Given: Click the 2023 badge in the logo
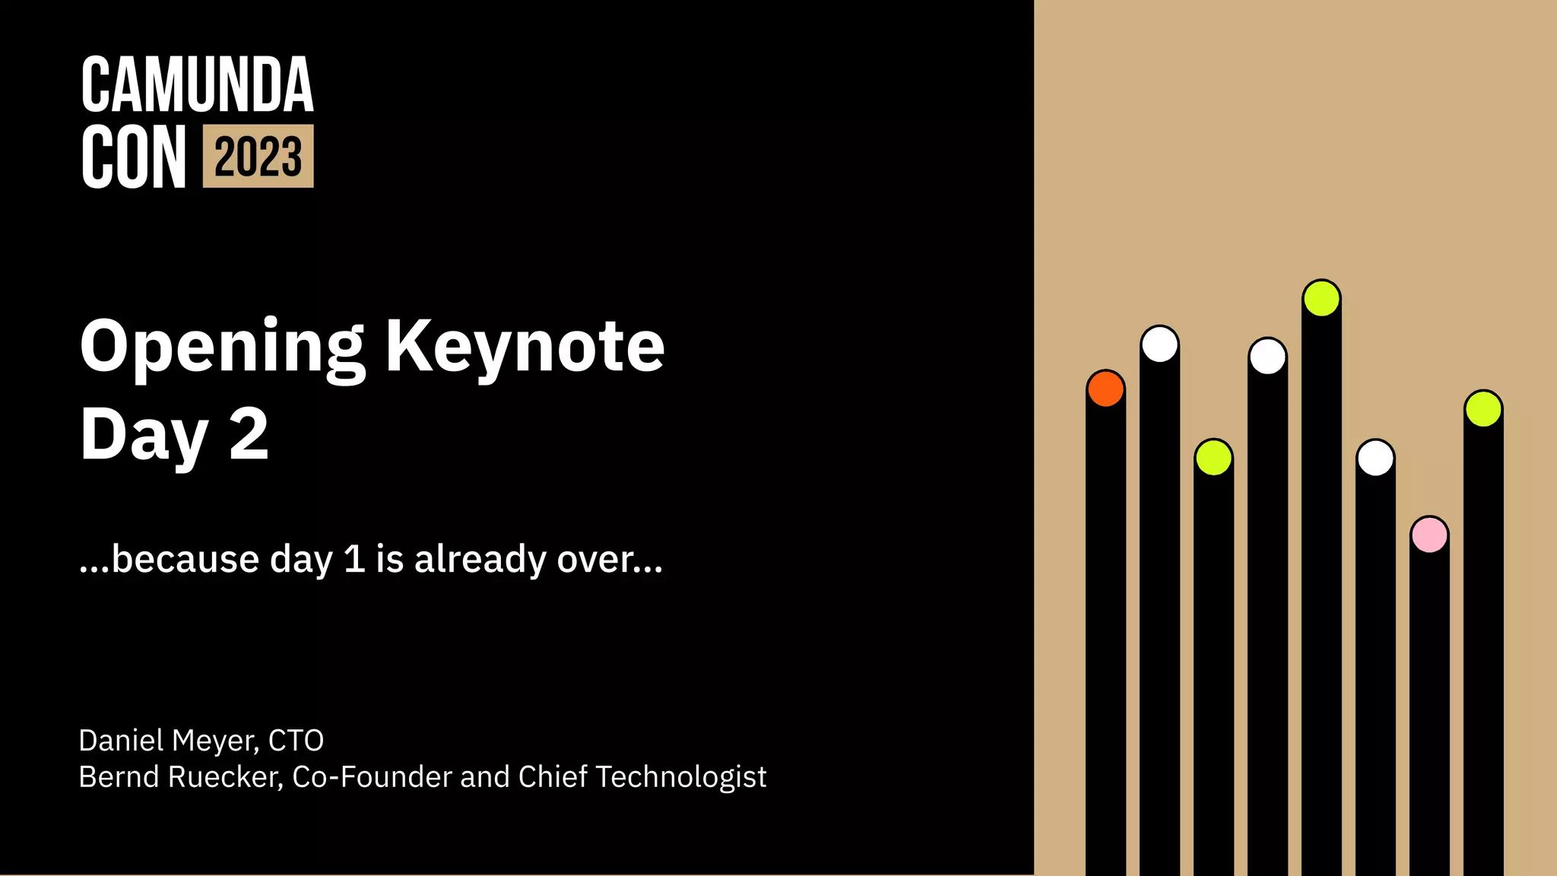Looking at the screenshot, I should [258, 157].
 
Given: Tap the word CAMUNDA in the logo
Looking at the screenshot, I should [197, 85].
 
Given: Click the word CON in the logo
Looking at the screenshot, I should [134, 157].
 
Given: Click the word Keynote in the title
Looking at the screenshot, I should [525, 347].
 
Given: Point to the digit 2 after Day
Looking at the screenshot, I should [249, 433].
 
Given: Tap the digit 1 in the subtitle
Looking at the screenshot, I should [354, 559].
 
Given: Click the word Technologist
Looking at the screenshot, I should [680, 777].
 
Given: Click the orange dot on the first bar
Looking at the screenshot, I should [1105, 389].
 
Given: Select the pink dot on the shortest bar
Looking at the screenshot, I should [1429, 535].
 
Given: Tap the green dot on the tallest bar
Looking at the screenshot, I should [1321, 298].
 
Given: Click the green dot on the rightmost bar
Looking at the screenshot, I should [1483, 409].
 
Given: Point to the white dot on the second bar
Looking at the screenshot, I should [1159, 344].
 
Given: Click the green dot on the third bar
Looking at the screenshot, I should [1213, 458].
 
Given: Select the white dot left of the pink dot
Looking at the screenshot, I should [1375, 458].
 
